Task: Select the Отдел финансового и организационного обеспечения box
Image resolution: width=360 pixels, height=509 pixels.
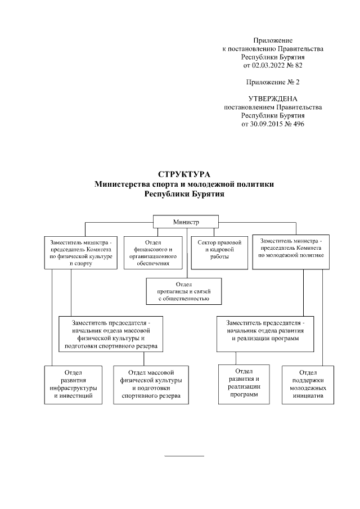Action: pos(154,253)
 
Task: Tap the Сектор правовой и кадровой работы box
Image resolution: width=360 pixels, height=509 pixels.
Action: pos(219,253)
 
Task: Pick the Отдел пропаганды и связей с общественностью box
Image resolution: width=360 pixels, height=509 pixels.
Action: pos(184,291)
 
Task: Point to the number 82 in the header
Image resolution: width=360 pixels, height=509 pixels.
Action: pos(298,66)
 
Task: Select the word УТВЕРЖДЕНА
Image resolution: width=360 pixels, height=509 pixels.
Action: pos(273,98)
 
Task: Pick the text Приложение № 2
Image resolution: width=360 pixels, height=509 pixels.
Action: pos(273,82)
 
